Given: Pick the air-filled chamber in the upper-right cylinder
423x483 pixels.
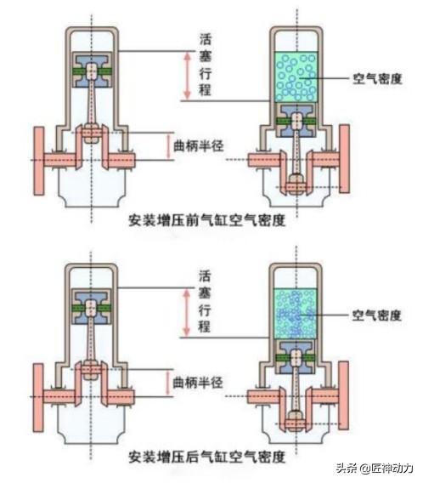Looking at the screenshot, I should pos(296,77).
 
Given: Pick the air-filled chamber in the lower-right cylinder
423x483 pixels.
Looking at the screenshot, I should pos(296,314).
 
